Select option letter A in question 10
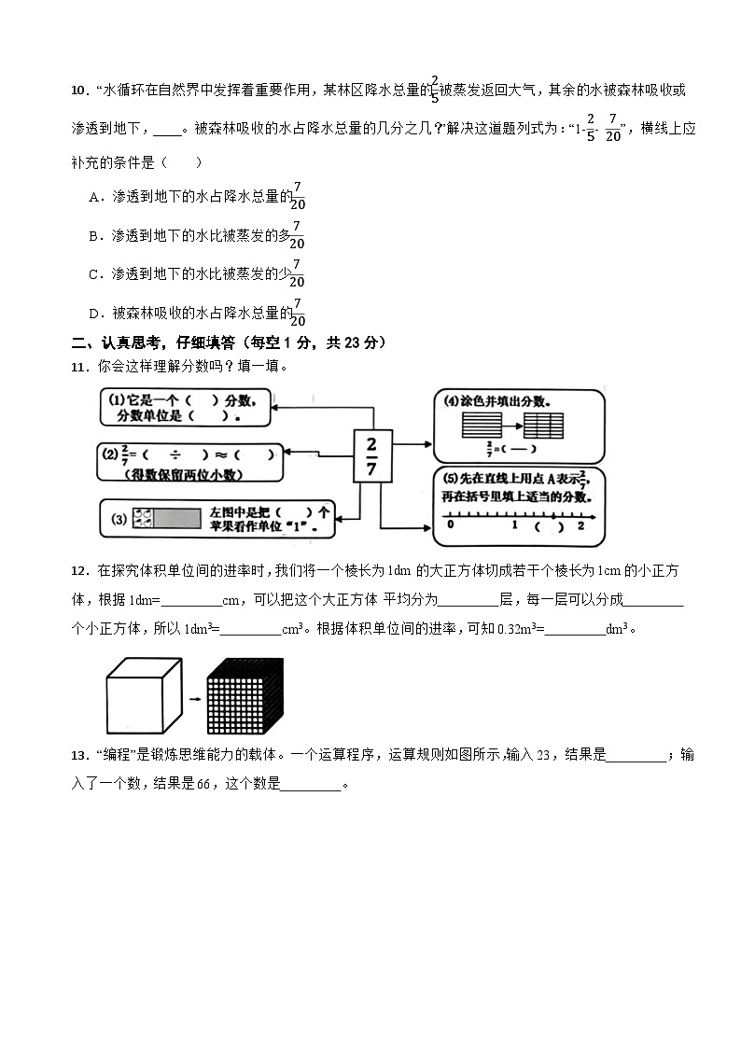(x=93, y=197)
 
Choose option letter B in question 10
(x=93, y=236)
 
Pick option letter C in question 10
(x=93, y=274)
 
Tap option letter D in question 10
(x=93, y=314)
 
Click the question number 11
(x=78, y=367)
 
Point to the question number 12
(x=78, y=570)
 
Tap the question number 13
(x=78, y=755)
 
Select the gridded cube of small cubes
(x=244, y=696)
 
